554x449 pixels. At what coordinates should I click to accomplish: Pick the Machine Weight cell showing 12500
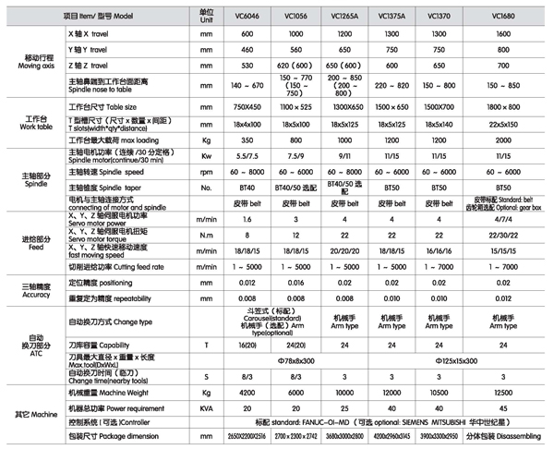point(499,393)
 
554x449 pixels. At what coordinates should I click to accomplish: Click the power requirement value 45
point(499,407)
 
